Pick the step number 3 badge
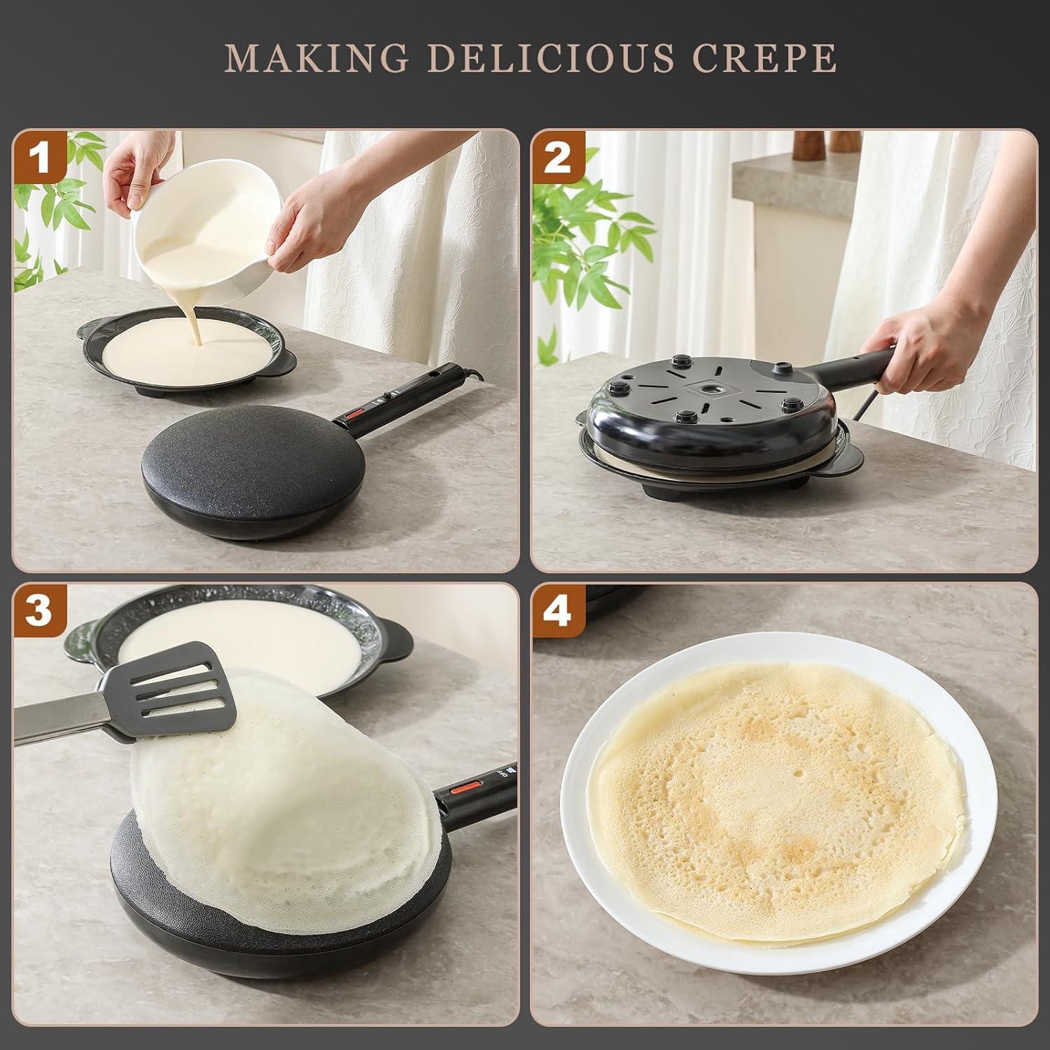point(40,610)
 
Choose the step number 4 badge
point(558,610)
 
